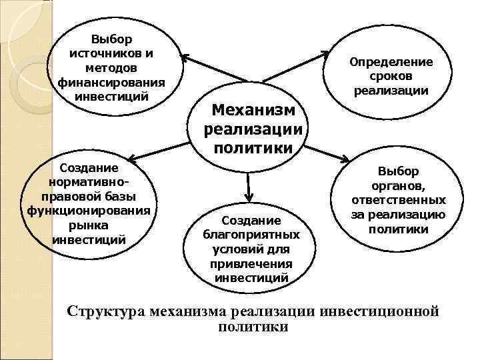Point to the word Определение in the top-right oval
click(x=391, y=62)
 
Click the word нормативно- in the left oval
click(x=89, y=182)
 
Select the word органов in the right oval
click(x=399, y=186)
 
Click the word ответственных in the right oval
click(x=399, y=200)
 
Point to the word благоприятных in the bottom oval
click(x=251, y=235)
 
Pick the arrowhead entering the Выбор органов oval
click(x=345, y=161)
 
